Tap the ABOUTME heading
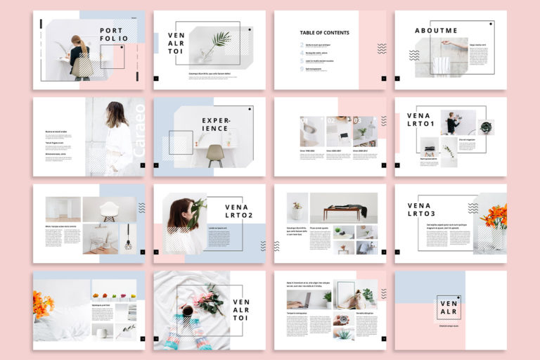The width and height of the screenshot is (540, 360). click(x=436, y=30)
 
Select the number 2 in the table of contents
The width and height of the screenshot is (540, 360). click(x=302, y=45)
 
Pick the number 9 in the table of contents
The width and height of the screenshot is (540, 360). click(x=302, y=69)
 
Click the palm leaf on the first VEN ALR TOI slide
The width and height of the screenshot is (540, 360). click(x=220, y=41)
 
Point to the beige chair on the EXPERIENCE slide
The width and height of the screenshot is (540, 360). click(x=215, y=154)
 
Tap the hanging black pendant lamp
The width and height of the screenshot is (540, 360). click(x=129, y=242)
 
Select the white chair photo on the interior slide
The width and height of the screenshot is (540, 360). click(x=109, y=209)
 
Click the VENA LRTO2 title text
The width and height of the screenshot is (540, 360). click(x=237, y=211)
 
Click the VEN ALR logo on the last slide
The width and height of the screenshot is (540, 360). click(x=448, y=307)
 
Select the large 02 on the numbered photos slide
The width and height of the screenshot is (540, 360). click(x=332, y=121)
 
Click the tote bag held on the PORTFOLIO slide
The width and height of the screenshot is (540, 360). click(x=82, y=65)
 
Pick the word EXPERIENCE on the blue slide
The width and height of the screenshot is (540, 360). click(x=216, y=124)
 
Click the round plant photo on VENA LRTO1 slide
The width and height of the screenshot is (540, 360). click(x=486, y=127)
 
